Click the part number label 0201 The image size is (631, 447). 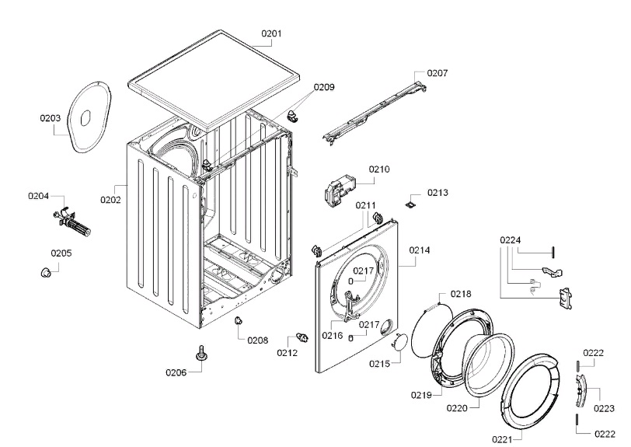tap(271, 33)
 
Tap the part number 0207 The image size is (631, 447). tap(438, 73)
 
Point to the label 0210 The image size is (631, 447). tap(379, 169)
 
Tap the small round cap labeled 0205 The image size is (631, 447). tap(48, 271)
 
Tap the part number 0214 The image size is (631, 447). tap(420, 250)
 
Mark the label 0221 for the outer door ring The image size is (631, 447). tap(502, 440)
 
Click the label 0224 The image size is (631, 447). tap(510, 239)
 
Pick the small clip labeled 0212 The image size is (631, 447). tap(301, 337)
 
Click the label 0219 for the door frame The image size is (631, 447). tap(422, 396)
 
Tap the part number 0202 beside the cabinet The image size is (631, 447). tap(110, 200)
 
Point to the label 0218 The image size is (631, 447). tap(461, 294)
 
